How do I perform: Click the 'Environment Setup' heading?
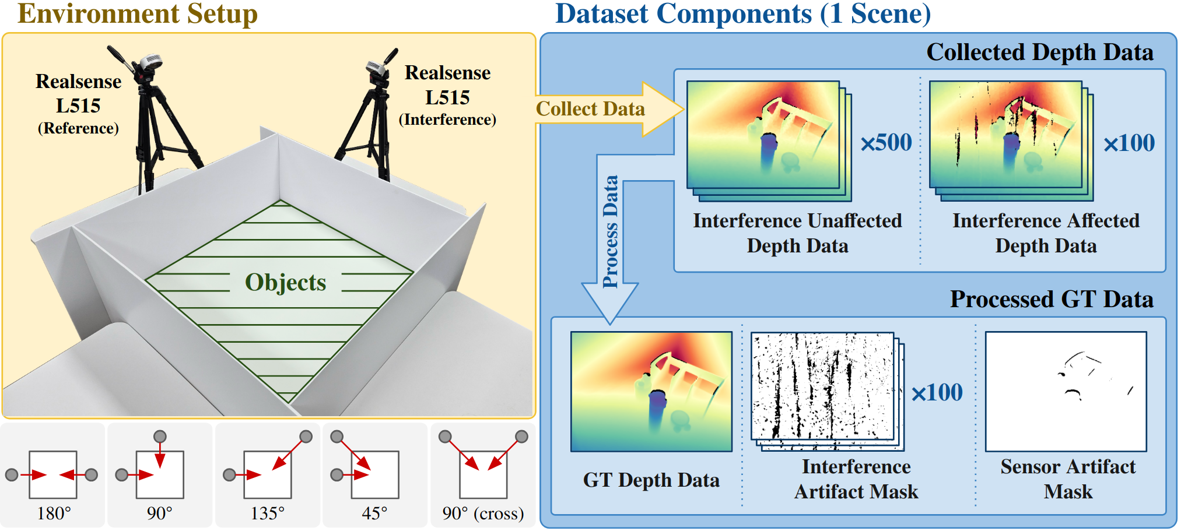138,14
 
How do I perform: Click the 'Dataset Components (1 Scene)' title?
742,14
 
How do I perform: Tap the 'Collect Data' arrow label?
590,109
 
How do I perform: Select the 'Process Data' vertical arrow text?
610,231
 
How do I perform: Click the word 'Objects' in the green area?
285,283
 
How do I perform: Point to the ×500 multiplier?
886,143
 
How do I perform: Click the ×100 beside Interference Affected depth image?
1129,143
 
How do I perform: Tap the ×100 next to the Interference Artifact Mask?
937,393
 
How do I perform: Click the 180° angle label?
54,514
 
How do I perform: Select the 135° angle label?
267,514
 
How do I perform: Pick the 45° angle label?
374,514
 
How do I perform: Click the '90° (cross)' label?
483,514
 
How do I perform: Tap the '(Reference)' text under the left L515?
78,128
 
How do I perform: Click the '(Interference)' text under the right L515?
447,119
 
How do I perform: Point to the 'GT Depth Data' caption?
651,480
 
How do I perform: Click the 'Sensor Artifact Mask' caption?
1068,479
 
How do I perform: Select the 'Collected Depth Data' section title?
1039,52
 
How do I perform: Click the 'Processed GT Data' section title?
1052,300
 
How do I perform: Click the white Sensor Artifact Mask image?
1066,392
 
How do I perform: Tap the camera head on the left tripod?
149,63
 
